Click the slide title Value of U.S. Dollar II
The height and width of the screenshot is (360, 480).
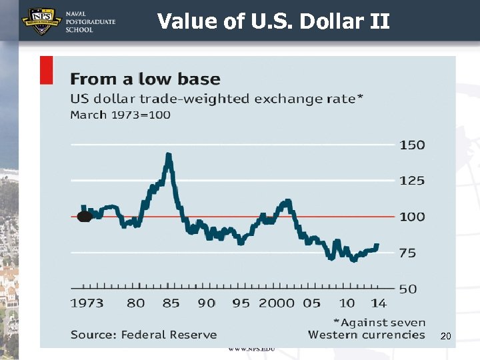[273, 21]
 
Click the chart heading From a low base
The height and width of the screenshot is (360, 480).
[145, 79]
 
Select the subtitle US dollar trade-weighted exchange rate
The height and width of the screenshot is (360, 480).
[217, 99]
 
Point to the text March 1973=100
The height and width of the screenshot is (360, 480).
[120, 115]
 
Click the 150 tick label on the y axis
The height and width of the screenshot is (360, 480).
[412, 145]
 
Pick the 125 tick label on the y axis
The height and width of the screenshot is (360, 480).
[412, 181]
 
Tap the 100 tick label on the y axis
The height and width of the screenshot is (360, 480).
[412, 217]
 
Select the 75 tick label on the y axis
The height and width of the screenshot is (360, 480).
[407, 253]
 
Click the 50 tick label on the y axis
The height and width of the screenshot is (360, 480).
[407, 289]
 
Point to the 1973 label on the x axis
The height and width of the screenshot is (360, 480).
[87, 303]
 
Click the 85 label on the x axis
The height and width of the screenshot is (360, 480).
[171, 303]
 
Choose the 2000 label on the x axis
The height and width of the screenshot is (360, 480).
[276, 303]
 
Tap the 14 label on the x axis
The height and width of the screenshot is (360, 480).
[379, 303]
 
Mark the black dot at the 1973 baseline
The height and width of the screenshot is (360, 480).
[84, 217]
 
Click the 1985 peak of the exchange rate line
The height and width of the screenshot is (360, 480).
[169, 156]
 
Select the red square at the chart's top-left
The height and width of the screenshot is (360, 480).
[47, 70]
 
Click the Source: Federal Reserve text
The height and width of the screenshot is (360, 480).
[143, 335]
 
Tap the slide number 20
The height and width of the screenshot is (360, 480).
[446, 337]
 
